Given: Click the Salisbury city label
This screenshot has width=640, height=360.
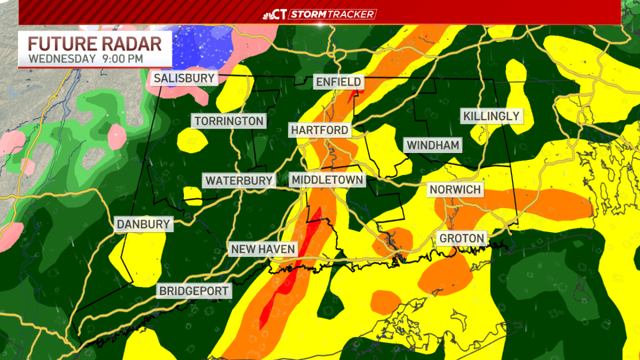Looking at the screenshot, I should pos(184,78).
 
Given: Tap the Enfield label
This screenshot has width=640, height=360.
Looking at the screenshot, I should pos(339,82).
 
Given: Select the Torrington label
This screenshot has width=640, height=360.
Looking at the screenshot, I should pos(229,121).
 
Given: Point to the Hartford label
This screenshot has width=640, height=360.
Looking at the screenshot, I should pos(319,130).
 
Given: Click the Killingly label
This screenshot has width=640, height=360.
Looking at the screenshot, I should pos(491,116).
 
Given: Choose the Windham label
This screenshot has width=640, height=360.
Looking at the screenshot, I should pos(433,145).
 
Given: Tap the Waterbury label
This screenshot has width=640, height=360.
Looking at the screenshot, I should pos(239,180).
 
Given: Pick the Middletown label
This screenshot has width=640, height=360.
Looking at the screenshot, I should pos(327,180).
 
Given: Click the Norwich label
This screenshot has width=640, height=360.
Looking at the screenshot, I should pos(455,189).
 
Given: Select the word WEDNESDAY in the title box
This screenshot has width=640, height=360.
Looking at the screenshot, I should pos(62,58).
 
